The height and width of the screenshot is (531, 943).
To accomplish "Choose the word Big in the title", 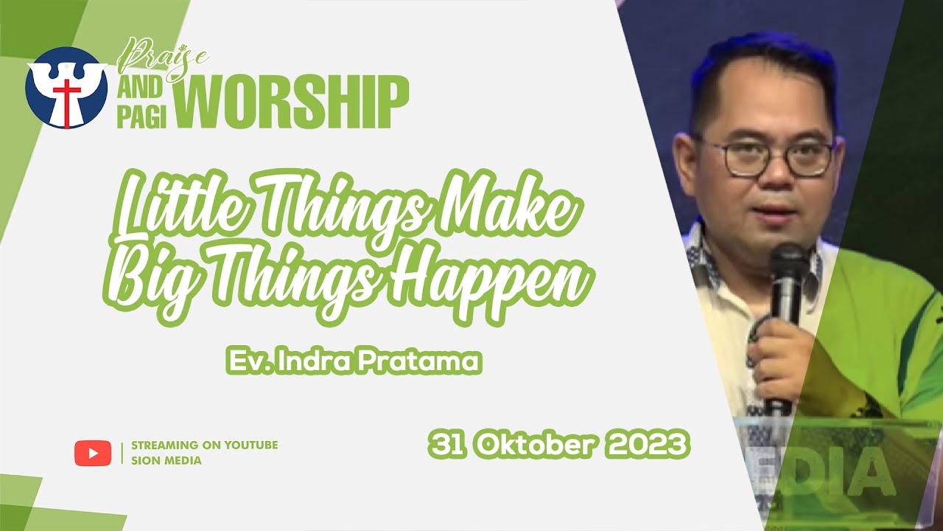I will (x=154, y=280).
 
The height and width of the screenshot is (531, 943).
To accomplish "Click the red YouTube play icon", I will (x=93, y=453).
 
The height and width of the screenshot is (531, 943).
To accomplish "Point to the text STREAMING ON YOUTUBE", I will (x=204, y=445).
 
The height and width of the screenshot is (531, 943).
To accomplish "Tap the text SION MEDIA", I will (x=166, y=461).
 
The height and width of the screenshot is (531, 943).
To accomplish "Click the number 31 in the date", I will (x=447, y=445).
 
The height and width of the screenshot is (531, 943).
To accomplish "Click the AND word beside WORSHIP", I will (x=140, y=88).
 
